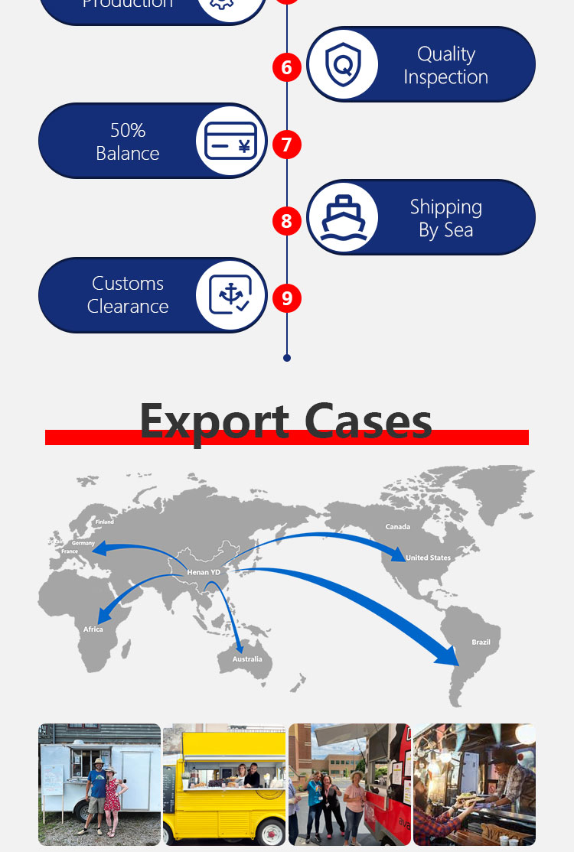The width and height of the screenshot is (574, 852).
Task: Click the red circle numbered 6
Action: [287, 67]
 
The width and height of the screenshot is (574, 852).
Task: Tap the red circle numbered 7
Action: [287, 145]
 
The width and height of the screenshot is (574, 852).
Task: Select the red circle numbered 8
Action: [287, 221]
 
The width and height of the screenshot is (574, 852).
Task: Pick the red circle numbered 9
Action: [287, 298]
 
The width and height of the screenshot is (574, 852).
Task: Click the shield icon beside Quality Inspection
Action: [343, 65]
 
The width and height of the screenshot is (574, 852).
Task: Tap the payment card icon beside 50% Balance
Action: [230, 141]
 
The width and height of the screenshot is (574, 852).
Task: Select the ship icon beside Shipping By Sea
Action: [343, 218]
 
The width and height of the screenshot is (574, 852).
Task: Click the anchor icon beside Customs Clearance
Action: [230, 295]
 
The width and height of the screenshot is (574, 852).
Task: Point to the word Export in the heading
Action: [214, 421]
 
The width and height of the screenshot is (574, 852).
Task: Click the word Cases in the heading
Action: [368, 421]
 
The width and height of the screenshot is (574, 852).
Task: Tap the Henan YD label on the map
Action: [204, 572]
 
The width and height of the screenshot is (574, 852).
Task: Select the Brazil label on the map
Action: [481, 642]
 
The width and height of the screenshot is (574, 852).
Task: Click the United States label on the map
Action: [429, 558]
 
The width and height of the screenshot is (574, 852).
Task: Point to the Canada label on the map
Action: [398, 527]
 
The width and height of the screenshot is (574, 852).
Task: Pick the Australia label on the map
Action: [247, 659]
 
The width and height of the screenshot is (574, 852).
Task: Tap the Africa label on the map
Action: [93, 629]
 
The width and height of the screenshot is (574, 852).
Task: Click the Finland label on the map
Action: [104, 522]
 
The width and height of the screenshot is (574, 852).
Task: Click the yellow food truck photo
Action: [223, 784]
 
